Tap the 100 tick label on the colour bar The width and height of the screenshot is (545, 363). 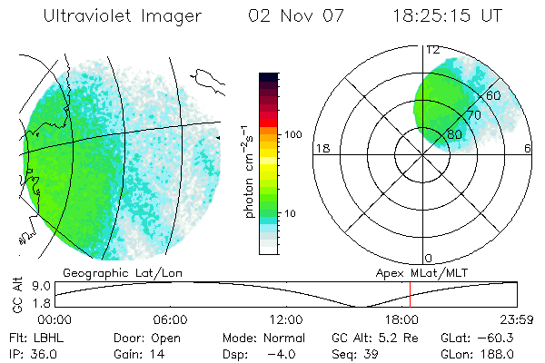click(293, 134)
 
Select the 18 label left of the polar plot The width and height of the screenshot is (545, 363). click(320, 148)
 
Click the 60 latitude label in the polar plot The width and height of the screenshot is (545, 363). click(494, 95)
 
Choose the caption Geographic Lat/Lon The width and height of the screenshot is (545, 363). click(112, 271)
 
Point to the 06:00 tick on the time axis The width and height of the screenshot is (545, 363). click(170, 320)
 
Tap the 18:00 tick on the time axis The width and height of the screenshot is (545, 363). click(402, 320)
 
